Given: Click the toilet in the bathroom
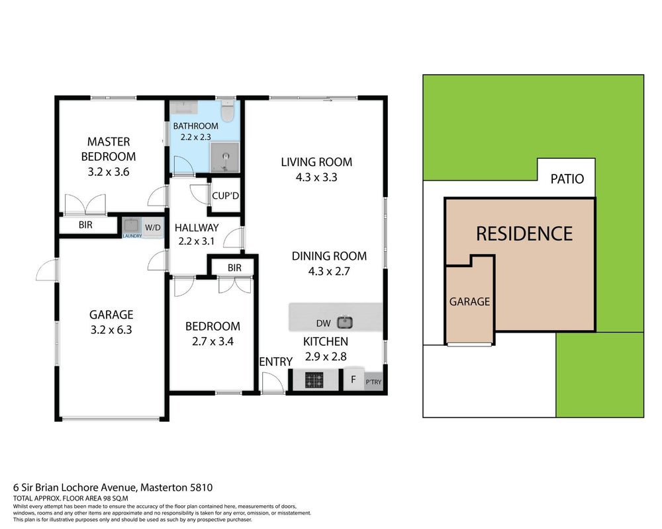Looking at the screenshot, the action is [x=228, y=110].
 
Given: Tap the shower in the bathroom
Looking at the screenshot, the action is [x=225, y=157].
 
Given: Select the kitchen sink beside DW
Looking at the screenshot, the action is [x=344, y=323].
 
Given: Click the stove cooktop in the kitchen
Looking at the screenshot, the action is [x=314, y=380].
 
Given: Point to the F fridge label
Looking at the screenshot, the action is [x=354, y=380].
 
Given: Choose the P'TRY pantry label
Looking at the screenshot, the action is [x=373, y=382].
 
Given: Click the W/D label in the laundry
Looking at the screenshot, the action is [x=152, y=227].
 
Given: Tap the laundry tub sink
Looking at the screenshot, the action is [x=131, y=225].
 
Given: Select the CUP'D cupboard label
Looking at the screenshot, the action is [x=226, y=196].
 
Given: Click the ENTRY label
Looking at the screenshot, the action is [x=275, y=362].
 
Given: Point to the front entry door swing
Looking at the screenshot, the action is [x=273, y=383].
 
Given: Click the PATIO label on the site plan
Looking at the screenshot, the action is [x=567, y=179].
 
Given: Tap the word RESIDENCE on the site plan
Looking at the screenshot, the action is [x=524, y=233].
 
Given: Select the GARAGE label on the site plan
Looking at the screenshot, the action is [x=469, y=302].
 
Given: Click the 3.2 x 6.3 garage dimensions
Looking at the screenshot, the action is [x=111, y=330].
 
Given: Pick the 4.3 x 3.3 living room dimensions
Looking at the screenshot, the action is [x=316, y=177].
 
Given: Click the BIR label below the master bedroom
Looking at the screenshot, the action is [x=85, y=225].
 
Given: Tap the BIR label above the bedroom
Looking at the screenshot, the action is [x=234, y=267].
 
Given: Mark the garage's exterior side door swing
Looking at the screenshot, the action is [x=46, y=270].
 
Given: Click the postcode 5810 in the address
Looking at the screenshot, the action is [x=201, y=487].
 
